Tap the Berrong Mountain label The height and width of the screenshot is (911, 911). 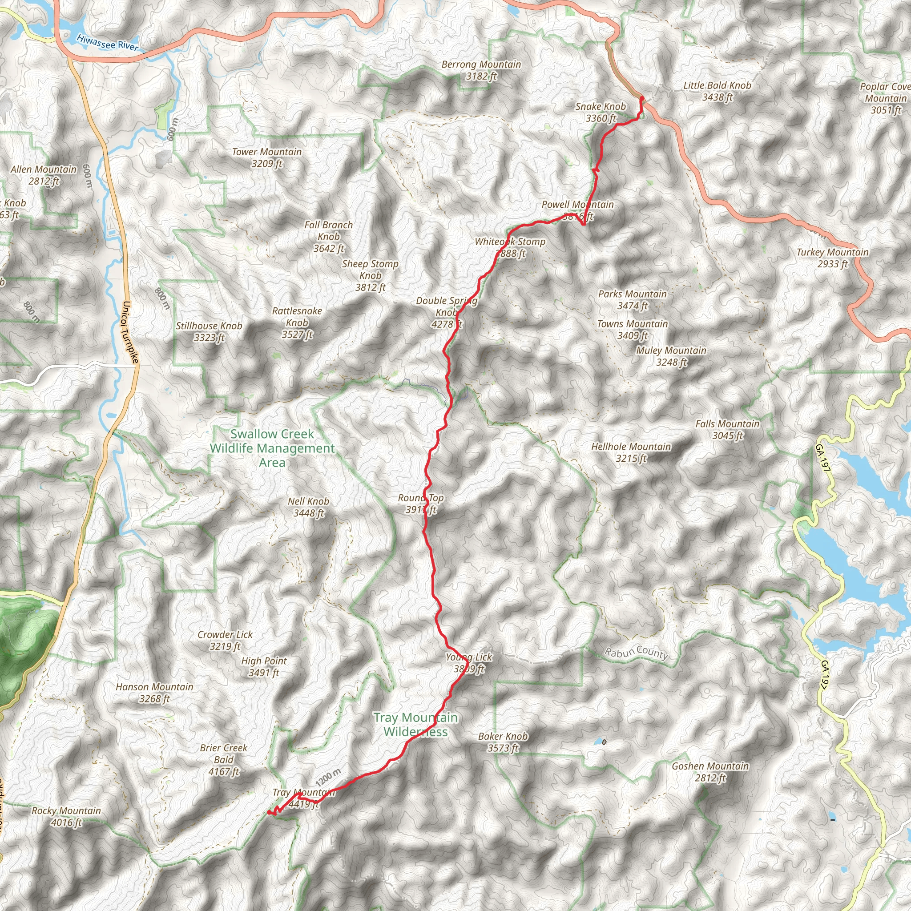(x=481, y=70)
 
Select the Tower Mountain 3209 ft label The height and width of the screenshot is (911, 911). (x=266, y=157)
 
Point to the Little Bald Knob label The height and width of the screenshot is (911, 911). (x=717, y=91)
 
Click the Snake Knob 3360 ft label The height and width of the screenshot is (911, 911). (x=600, y=112)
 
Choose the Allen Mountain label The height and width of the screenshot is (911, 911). (x=44, y=175)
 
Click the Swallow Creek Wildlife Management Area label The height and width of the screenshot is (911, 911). (x=272, y=448)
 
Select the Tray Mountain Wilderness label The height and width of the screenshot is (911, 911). (x=415, y=724)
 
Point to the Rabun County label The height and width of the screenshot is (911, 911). (x=637, y=653)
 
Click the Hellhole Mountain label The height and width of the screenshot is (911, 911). (x=631, y=452)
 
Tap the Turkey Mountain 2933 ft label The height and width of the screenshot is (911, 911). (x=832, y=258)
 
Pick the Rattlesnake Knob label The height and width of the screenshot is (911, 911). (x=297, y=322)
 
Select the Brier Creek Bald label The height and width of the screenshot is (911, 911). (x=223, y=759)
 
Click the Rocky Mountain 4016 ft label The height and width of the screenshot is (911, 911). (x=66, y=816)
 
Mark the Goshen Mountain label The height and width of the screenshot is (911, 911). (x=710, y=772)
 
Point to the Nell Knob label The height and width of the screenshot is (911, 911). (x=308, y=507)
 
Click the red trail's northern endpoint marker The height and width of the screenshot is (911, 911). (x=641, y=98)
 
